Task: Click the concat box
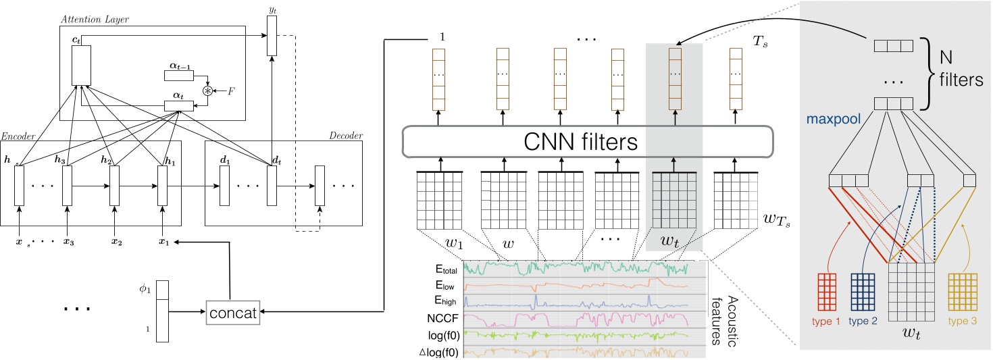tap(232, 312)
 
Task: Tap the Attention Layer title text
tap(94, 20)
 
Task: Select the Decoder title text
tap(347, 136)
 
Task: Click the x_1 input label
tap(162, 241)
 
